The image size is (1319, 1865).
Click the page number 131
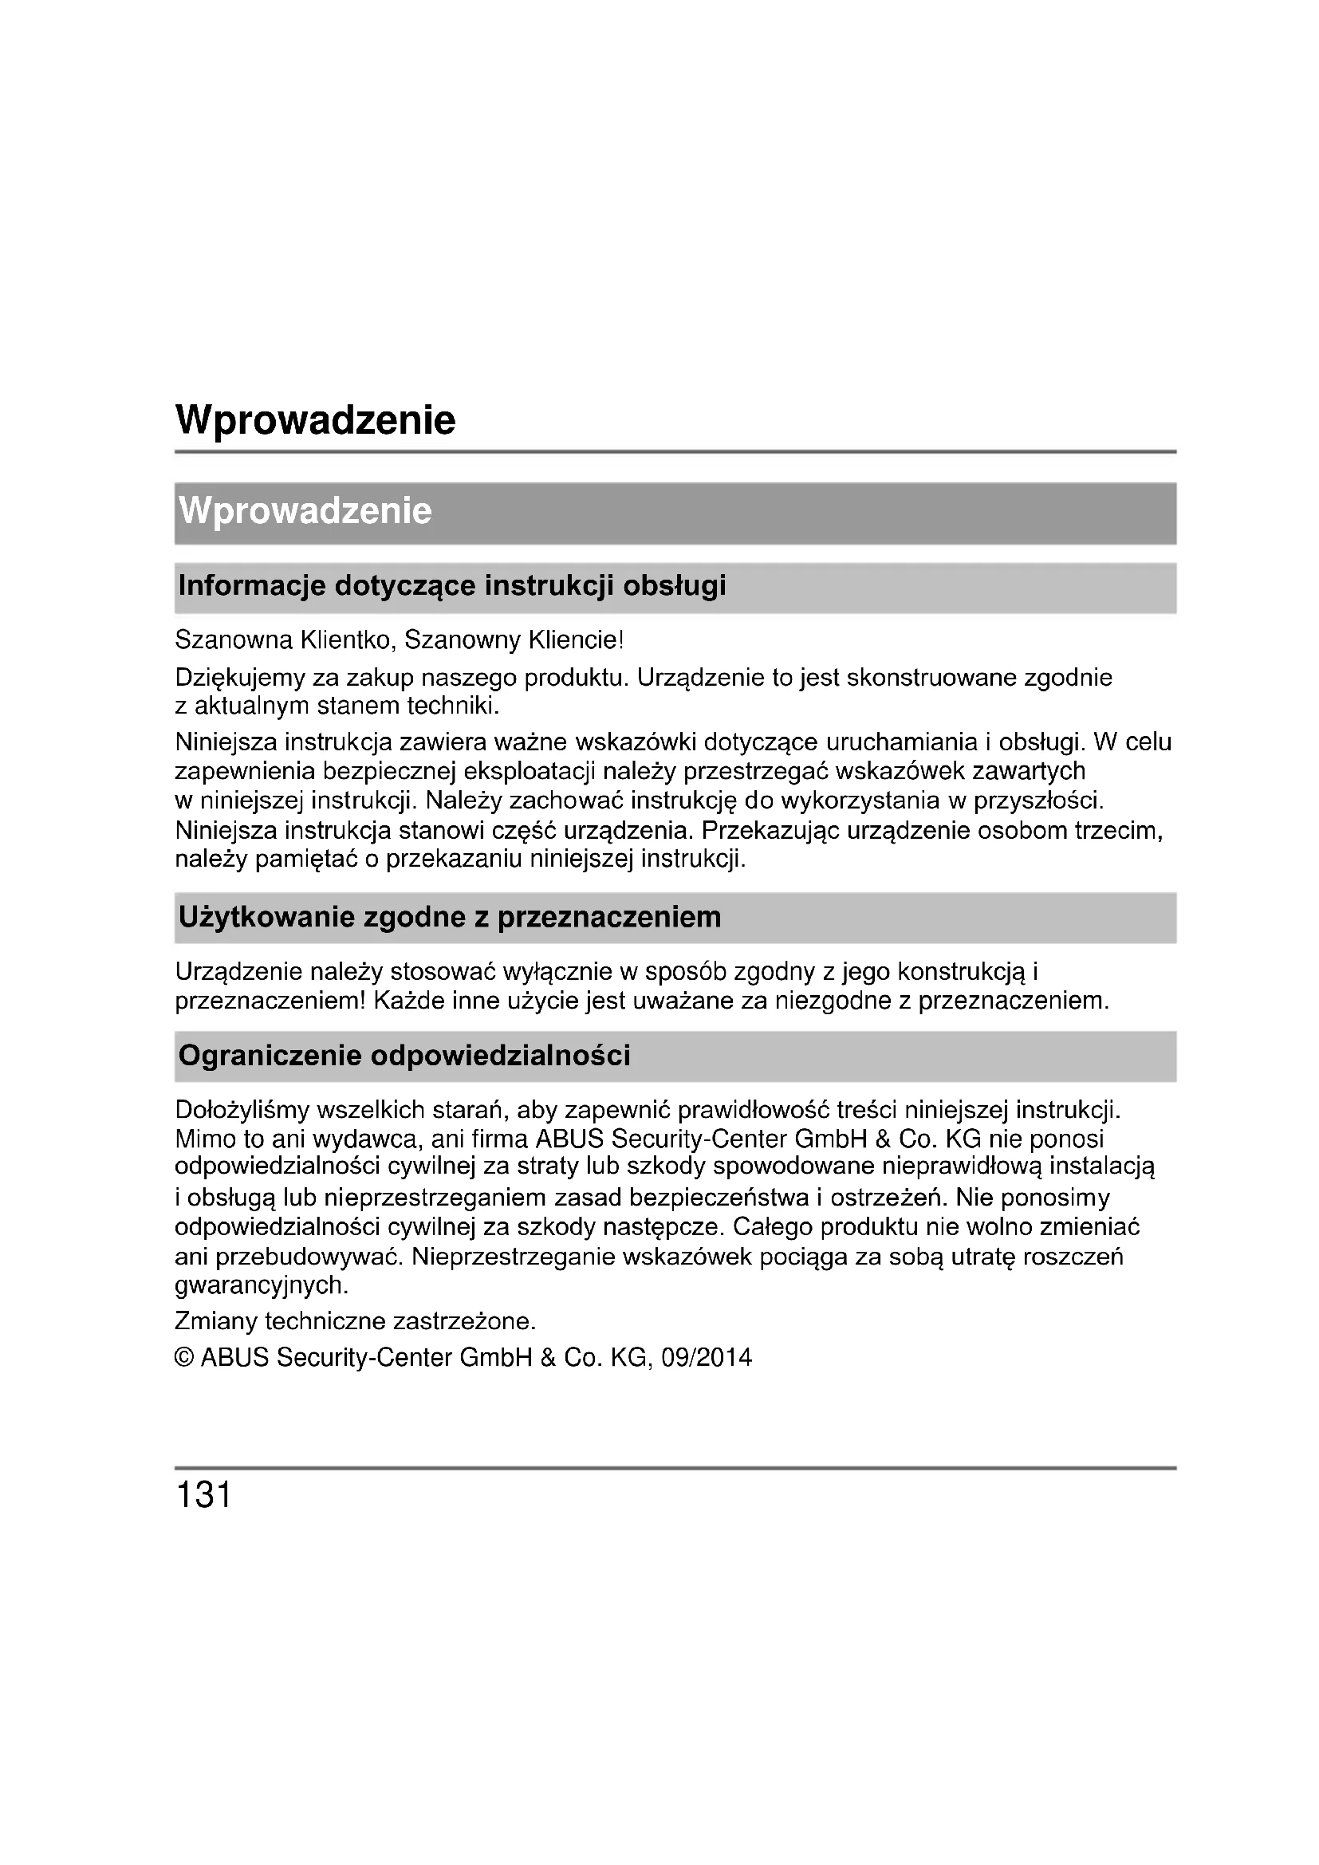click(204, 1493)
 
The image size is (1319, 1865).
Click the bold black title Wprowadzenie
click(315, 420)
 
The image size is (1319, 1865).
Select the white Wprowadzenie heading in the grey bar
click(305, 511)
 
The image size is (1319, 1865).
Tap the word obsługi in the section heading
click(674, 586)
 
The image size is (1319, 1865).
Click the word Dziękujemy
click(239, 678)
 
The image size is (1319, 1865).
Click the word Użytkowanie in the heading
click(265, 917)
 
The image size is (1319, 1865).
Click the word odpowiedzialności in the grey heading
click(500, 1055)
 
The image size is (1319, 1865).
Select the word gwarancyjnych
click(261, 1285)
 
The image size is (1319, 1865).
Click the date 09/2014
click(707, 1358)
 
